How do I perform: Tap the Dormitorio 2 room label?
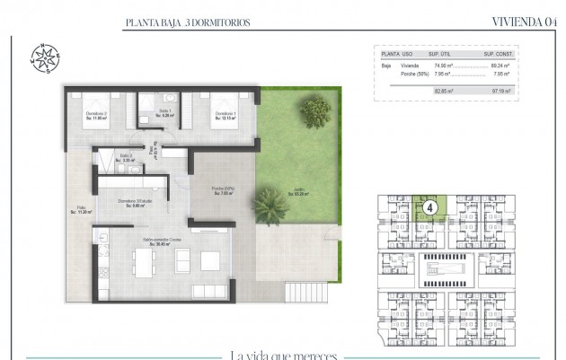(x=97, y=115)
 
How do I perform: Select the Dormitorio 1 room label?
(x=225, y=115)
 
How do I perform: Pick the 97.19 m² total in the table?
(x=500, y=91)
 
